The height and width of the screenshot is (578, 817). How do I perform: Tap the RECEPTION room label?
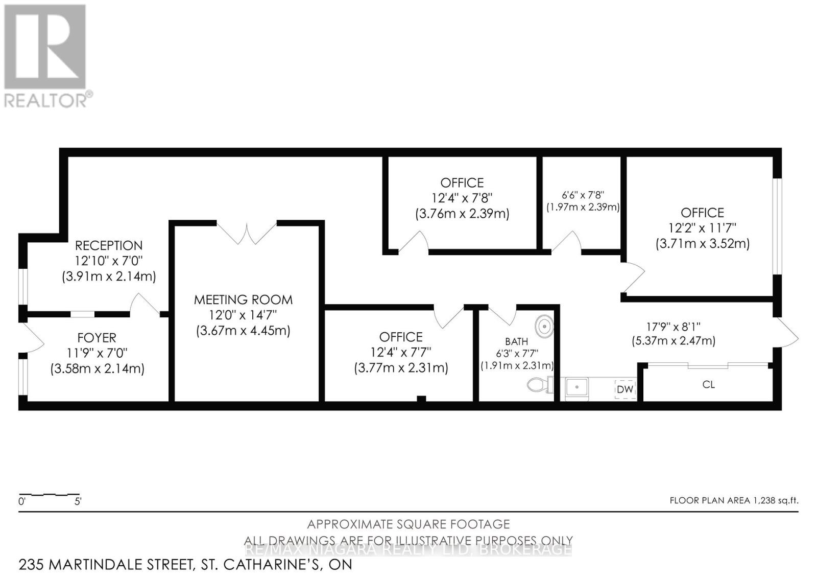point(109,245)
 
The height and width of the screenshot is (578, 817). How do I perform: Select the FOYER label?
point(97,338)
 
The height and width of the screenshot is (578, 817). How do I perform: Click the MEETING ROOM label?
point(243,299)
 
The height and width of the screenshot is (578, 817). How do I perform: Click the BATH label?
point(516,341)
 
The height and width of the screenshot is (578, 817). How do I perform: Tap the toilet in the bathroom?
point(539,384)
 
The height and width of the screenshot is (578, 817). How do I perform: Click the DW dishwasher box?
point(625,389)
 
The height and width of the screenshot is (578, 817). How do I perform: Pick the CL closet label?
point(708,384)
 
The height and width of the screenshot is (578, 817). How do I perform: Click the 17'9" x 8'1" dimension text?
point(674,326)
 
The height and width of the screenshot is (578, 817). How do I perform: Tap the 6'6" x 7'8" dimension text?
point(583,195)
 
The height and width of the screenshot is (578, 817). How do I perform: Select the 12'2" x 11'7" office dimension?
point(703,228)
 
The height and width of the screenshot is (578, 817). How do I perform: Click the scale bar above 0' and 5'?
point(50,495)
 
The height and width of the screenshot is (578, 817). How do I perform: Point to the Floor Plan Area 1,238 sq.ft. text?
point(734,501)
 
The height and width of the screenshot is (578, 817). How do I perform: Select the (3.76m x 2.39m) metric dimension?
point(462,214)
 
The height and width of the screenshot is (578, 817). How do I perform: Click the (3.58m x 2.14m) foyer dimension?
point(97,368)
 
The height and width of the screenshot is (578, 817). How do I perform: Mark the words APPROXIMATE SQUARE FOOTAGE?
point(408,524)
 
